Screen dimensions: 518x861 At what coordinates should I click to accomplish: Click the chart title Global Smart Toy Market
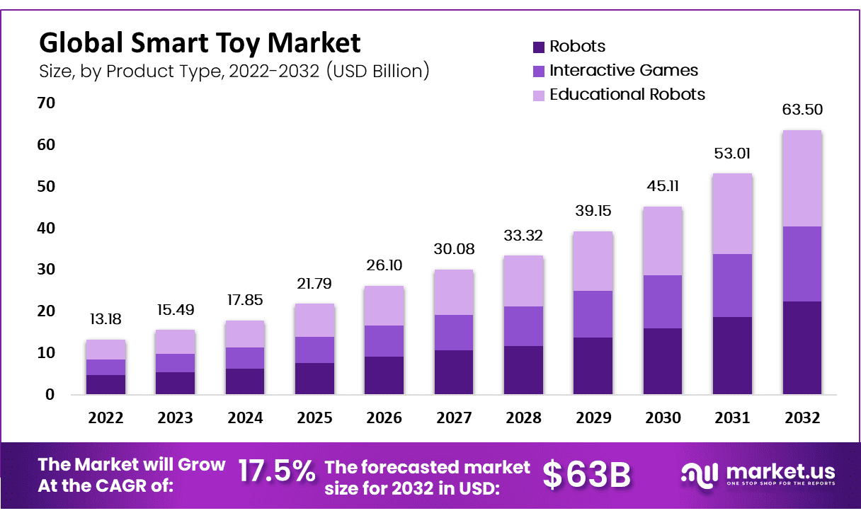(199, 43)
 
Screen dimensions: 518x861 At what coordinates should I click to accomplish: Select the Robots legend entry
(577, 47)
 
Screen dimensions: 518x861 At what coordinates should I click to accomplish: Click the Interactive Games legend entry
(623, 71)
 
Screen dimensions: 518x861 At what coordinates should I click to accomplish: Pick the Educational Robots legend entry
(627, 94)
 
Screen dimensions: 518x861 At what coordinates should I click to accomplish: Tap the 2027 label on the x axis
(453, 418)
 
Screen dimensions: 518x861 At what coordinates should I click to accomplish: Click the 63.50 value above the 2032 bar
(802, 110)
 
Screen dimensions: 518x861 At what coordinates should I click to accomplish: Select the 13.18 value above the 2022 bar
(106, 319)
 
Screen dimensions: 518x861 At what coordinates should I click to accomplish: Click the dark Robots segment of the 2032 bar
(802, 347)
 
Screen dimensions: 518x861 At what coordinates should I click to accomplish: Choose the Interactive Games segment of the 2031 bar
(732, 285)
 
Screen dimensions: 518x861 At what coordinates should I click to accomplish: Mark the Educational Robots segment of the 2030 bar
(663, 241)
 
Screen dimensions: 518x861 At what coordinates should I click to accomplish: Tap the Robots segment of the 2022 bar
(106, 384)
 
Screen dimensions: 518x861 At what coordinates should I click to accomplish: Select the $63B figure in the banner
(586, 475)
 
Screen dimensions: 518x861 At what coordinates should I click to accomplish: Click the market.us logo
(758, 473)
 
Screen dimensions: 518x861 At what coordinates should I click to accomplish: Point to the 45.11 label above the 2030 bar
(663, 186)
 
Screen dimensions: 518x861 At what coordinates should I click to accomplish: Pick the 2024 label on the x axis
(244, 418)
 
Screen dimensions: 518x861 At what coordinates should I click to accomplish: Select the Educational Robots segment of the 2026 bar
(384, 306)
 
